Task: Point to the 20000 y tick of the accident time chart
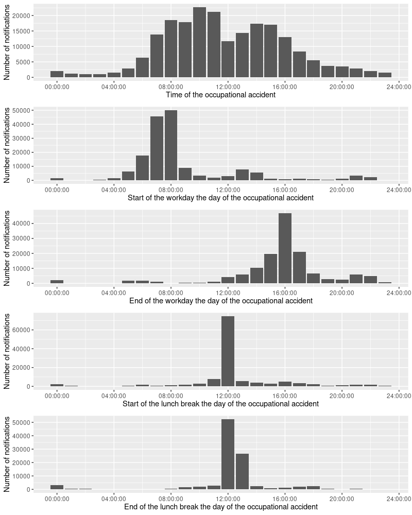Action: pos(23,15)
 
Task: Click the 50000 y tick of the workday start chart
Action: pos(23,110)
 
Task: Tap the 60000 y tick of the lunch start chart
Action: pos(23,330)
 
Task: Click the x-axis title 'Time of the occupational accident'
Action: pos(220,95)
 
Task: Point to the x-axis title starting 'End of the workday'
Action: pos(220,301)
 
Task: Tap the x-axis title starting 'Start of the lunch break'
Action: pos(220,404)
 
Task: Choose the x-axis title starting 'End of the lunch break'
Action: pos(220,507)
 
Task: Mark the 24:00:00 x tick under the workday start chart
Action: pos(399,190)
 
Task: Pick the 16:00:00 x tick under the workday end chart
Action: pos(285,293)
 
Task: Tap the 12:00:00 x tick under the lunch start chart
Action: pos(228,396)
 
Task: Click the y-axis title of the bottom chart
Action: pos(7,454)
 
